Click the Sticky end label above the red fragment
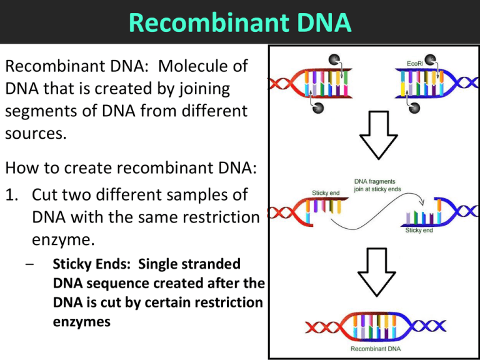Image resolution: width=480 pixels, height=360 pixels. tap(326, 193)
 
